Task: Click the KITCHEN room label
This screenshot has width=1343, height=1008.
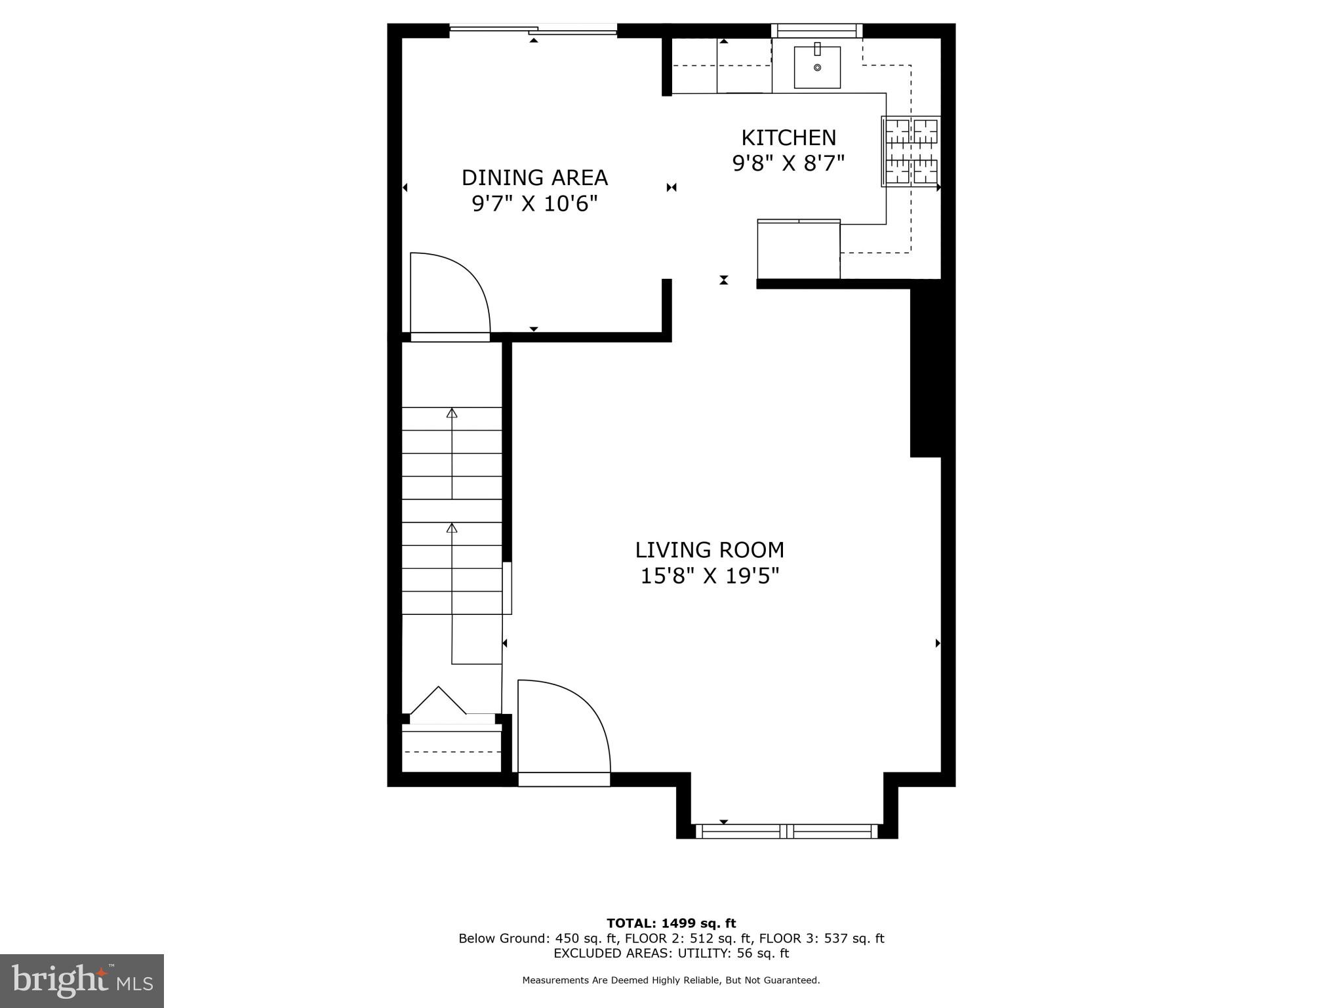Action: pos(788,138)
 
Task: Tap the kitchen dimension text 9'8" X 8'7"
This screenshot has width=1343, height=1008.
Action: pos(788,163)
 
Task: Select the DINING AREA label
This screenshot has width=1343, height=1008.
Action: pos(534,178)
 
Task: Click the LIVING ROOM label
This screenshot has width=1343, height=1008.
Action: pos(710,550)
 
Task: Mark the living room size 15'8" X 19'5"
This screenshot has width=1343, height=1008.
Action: pos(710,576)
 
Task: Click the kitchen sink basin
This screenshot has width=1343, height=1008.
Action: pos(817,67)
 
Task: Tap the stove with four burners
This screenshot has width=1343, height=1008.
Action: pos(911,151)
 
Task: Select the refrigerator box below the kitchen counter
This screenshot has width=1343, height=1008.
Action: pos(798,250)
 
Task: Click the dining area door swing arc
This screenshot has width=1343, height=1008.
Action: pos(459,289)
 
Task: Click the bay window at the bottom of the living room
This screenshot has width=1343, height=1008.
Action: pos(786,831)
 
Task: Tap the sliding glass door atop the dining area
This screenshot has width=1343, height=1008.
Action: pos(533,28)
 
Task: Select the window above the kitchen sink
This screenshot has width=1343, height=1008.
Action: pos(816,30)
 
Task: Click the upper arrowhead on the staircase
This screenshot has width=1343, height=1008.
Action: pos(452,413)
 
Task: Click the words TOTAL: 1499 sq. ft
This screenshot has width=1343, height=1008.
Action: pos(671,923)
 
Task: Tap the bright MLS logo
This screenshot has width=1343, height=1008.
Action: pos(82,980)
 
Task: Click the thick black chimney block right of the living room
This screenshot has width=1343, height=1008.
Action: pos(926,367)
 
